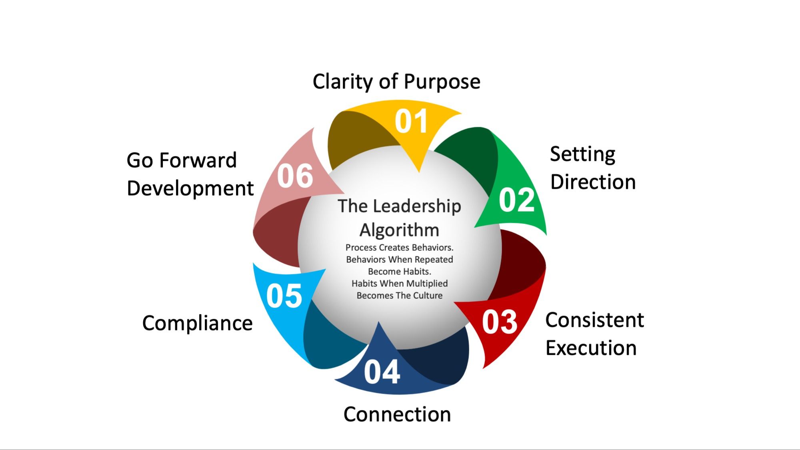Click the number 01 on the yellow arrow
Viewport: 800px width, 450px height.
411,122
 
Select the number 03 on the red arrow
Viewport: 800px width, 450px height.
500,322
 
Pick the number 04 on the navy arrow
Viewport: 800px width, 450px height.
382,372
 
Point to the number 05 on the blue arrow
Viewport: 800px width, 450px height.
284,296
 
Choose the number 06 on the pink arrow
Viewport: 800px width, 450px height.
295,176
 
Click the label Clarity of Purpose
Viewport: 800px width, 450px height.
396,82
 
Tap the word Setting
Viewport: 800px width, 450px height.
582,155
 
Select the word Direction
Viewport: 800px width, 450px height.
593,182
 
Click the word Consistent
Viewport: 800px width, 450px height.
594,320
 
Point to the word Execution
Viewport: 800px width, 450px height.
591,348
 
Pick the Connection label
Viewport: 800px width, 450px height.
397,414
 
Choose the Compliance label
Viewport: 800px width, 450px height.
197,323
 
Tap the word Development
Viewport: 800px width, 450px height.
190,188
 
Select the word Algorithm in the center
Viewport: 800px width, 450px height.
399,230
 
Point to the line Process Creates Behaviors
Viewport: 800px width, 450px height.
399,248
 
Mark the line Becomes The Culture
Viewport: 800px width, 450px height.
399,296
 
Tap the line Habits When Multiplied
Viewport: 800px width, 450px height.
399,284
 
